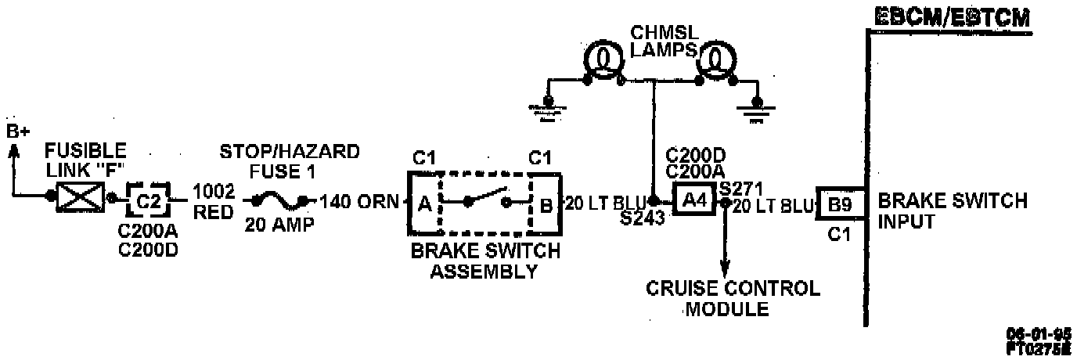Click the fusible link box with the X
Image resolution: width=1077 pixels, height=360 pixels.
click(80, 200)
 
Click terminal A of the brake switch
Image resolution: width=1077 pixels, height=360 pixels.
click(424, 204)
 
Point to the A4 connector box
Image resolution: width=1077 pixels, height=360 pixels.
click(695, 202)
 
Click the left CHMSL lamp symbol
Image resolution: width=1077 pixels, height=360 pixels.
click(602, 59)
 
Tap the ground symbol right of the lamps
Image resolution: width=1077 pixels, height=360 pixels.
click(756, 106)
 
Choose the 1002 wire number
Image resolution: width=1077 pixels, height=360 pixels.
click(214, 192)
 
